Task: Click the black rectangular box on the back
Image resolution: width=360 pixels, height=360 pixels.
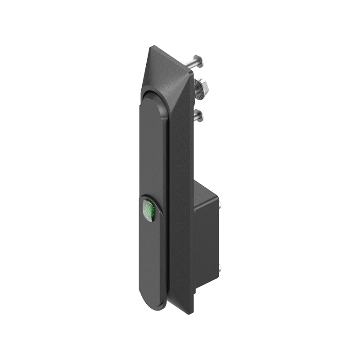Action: tap(207, 234)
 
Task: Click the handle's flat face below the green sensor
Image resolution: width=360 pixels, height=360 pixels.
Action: tap(151, 265)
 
